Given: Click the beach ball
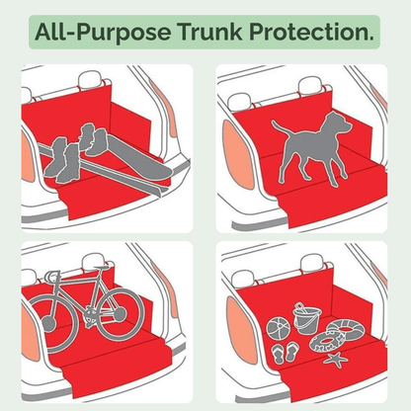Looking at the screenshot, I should (x=278, y=323).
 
